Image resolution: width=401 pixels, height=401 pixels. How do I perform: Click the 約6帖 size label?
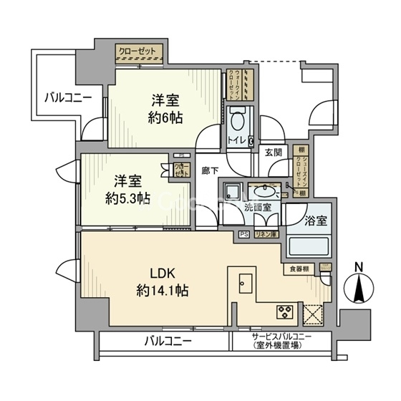(165, 117)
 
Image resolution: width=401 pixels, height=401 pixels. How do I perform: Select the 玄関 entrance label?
(273, 152)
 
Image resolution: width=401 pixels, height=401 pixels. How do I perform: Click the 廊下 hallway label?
(211, 170)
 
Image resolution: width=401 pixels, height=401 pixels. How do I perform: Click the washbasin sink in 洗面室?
(266, 191)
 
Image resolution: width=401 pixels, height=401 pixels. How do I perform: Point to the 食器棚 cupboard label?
(299, 269)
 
